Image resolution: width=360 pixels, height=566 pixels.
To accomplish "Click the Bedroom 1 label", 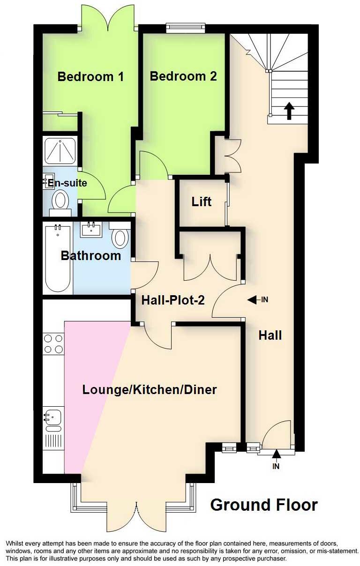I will (90, 77).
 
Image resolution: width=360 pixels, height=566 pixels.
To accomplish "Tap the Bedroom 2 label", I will (183, 76).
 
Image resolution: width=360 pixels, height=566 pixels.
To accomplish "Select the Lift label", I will (202, 202).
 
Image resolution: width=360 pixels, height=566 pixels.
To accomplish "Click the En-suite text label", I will (65, 183).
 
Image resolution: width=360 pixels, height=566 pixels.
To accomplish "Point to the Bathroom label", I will (91, 256).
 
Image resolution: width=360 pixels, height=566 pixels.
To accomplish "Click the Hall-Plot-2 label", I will (173, 300).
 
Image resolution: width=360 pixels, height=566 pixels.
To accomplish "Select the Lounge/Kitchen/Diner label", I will (149, 390).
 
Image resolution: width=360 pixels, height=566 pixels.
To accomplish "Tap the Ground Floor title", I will (264, 505).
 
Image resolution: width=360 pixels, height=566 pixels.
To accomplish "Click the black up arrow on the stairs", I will (289, 111).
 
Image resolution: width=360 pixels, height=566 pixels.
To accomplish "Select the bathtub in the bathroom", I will (58, 259).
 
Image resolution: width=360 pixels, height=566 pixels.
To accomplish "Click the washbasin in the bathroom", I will (90, 229).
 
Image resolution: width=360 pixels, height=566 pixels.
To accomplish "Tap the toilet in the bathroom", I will (120, 236).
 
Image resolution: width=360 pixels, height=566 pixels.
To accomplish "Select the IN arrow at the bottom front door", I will (276, 454).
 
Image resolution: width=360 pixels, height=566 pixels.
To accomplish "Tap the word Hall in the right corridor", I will (270, 335).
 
